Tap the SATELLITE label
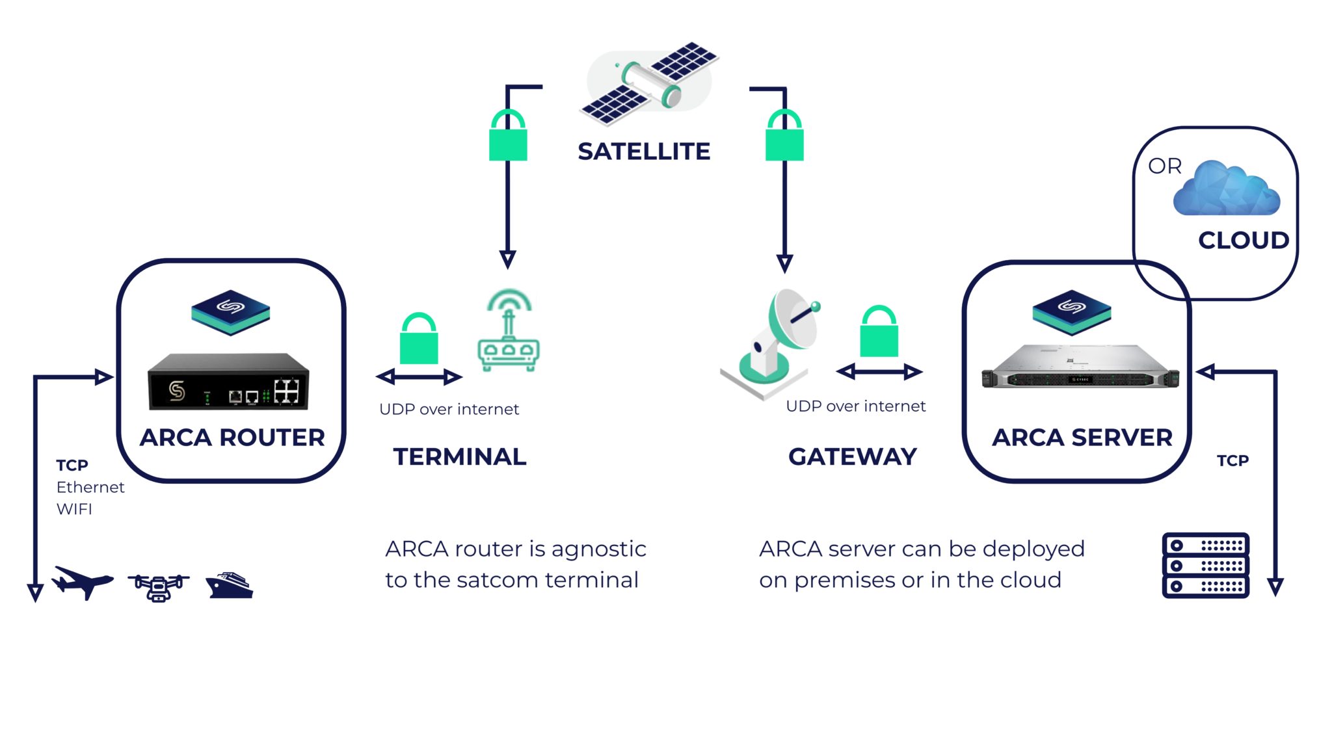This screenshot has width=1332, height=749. (643, 151)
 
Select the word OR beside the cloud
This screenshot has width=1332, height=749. (1164, 166)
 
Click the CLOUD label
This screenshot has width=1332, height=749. (1243, 240)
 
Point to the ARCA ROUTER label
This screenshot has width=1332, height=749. (232, 438)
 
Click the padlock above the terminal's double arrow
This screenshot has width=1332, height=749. (419, 339)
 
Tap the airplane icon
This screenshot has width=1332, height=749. (82, 581)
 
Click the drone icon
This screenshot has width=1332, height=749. (158, 586)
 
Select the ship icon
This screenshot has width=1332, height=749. (229, 585)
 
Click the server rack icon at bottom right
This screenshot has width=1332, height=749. (1205, 565)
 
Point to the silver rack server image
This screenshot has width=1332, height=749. (1080, 367)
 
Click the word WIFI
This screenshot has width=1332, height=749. (74, 509)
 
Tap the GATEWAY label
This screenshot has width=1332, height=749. (852, 457)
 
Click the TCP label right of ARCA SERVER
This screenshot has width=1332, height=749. (1232, 461)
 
